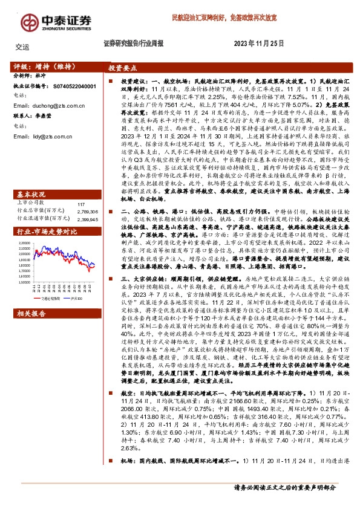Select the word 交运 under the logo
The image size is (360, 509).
[x=22, y=46]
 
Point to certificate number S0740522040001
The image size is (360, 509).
[x=70, y=87]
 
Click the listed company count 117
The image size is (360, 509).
[x=81, y=187]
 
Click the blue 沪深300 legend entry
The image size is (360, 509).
[x=77, y=281]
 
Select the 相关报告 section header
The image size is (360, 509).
[x=31, y=297]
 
